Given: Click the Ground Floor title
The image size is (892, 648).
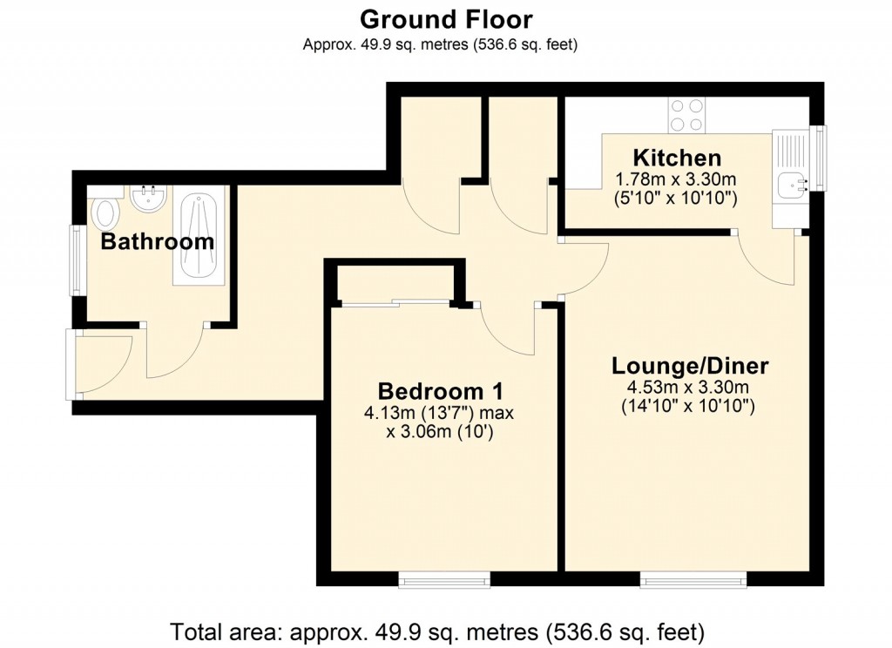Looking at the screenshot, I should point(445,18).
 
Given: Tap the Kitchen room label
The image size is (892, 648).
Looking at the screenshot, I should point(676,159).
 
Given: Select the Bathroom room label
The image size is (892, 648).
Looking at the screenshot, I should point(157,241).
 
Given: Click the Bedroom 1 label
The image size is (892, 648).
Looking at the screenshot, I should point(440,391).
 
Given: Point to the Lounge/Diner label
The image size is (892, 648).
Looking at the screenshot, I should point(690,365).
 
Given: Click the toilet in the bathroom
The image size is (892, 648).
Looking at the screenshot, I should point(106,212).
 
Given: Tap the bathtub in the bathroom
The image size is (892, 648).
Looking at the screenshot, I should point(199,235).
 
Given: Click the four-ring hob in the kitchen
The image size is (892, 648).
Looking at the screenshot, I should point(687,114).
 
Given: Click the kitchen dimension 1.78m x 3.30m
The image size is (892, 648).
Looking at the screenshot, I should point(676,179).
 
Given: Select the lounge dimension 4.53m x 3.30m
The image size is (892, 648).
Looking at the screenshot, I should point(690,387).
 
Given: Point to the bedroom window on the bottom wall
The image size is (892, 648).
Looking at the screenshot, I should point(444,578).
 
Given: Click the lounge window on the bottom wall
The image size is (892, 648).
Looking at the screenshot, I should point(693,578).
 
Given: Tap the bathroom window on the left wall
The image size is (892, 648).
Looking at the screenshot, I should point(78,260).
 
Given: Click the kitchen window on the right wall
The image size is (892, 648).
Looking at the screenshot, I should point(819,158).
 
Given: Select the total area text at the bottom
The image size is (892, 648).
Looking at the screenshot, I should point(437,630).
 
